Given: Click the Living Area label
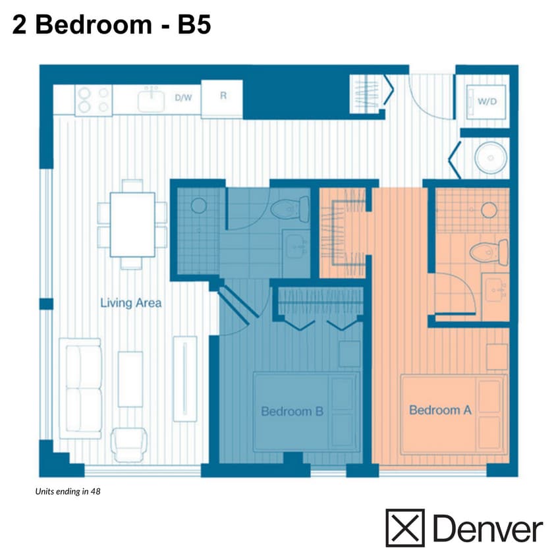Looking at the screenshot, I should point(130,304).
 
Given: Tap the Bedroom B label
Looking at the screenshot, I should point(292,412).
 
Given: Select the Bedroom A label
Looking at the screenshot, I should point(440,410).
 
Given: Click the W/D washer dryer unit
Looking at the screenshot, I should point(487,101).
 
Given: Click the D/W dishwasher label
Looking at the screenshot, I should point(182,97).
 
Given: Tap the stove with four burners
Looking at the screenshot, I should point(94,100).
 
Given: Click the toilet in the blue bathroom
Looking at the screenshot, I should point(291,209).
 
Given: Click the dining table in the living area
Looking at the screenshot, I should point(132,225).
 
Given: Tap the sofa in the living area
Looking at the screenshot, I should point(80,389).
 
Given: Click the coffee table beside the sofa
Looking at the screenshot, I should point(130,379).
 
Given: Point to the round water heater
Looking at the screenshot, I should point(491,158).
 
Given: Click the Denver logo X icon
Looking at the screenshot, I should point(404,528).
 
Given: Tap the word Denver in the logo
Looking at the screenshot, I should point(487,528).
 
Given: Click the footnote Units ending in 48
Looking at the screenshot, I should point(69,491).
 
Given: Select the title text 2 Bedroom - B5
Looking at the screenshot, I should point(111,24).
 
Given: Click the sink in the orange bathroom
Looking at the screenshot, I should point(495,289).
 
